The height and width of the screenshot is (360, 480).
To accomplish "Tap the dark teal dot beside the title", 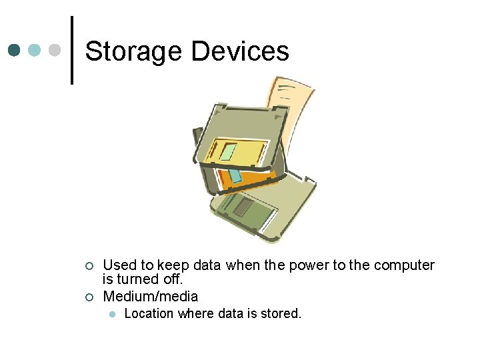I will pos(15,50).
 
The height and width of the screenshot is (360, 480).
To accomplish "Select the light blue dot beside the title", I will pos(35,50).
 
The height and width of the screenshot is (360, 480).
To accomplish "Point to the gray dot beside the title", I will pos(55,50).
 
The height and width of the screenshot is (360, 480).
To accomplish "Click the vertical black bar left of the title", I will pos(71,50).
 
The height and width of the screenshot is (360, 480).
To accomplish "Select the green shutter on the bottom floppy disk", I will pos(250,212).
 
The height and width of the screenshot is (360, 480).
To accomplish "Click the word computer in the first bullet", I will pos(404,265).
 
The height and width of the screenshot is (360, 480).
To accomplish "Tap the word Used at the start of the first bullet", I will pos(119,265).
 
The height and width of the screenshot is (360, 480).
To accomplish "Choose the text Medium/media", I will pos(151,296).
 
